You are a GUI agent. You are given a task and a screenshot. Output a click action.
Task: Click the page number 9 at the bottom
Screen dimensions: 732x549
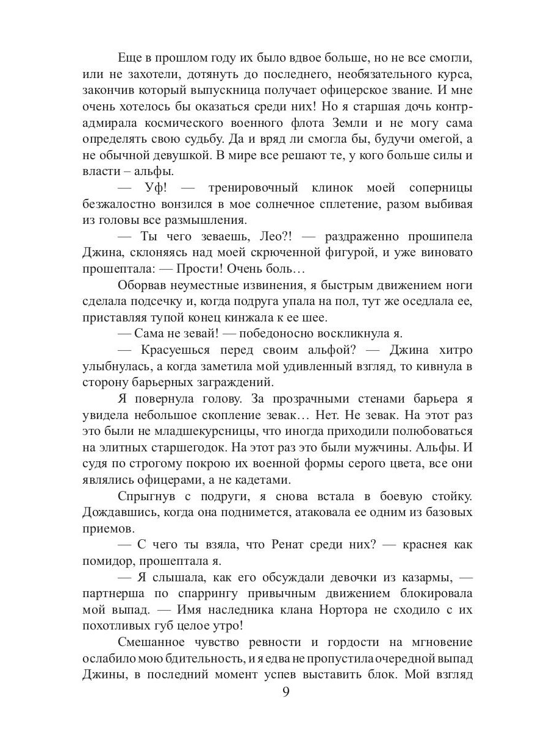click(286, 693)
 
